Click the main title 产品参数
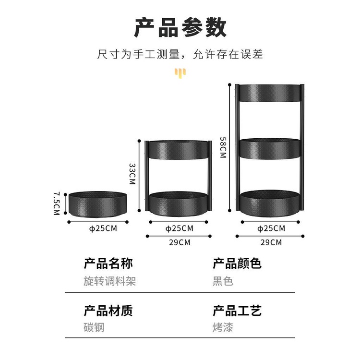[x=180, y=27]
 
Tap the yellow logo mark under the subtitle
[x=180, y=73]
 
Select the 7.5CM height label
[x=57, y=204]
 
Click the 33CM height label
[x=132, y=174]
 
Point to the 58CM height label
[x=223, y=147]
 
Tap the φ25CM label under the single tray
[x=103, y=228]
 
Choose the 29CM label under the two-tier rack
[x=180, y=242]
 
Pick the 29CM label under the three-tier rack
[x=271, y=242]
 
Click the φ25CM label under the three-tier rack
[x=271, y=228]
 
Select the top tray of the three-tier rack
[x=270, y=93]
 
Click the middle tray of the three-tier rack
[x=270, y=148]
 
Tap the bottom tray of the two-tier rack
[x=179, y=204]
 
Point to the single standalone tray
[x=98, y=204]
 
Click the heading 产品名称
[x=108, y=264]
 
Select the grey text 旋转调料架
[x=110, y=281]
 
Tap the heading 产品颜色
[x=237, y=264]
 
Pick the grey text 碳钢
[x=94, y=327]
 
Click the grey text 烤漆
[x=223, y=327]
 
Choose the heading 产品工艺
[x=237, y=311]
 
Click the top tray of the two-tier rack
[x=179, y=150]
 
